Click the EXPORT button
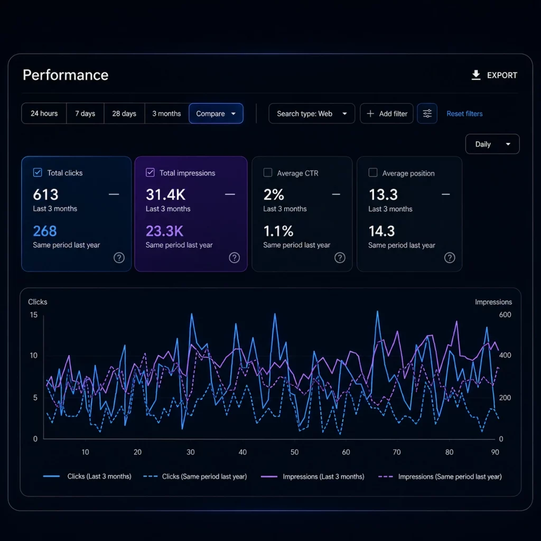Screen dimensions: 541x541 494,75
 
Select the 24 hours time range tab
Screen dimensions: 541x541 44,114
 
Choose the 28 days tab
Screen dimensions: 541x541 124,114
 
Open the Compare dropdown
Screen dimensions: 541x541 216,114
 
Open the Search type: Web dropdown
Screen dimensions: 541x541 312,114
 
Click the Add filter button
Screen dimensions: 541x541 386,114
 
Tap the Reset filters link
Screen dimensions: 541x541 464,114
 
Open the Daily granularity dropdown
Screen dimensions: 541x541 492,144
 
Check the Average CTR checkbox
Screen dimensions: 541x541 268,173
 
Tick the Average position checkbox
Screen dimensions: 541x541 373,173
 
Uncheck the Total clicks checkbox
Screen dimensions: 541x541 38,173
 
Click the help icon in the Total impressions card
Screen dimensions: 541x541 234,257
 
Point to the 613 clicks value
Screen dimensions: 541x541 45,194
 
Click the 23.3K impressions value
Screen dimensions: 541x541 164,231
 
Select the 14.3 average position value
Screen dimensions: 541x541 381,231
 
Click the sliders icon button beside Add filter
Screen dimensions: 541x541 427,114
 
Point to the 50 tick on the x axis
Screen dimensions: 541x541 294,452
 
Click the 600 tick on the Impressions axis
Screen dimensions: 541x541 505,315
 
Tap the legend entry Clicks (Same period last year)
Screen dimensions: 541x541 195,477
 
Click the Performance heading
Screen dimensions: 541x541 66,75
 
